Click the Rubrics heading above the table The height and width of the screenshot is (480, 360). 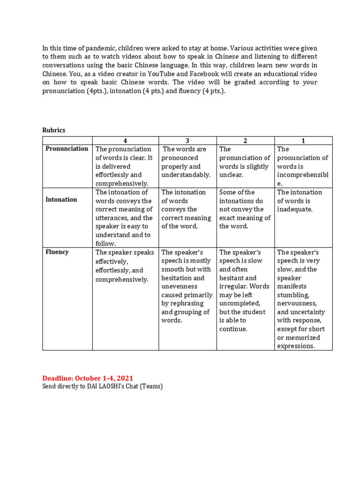click(54, 130)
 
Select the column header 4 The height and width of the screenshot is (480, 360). click(125, 141)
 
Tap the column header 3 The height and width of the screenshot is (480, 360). click(187, 141)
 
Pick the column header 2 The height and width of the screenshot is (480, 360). click(245, 141)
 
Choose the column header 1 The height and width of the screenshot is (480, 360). click(303, 141)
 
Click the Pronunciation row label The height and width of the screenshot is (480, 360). click(67, 149)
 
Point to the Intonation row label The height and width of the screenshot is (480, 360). click(61, 200)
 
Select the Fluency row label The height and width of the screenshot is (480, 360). click(57, 252)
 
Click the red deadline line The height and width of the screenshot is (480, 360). click(88, 378)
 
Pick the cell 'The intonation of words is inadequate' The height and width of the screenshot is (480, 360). click(300, 201)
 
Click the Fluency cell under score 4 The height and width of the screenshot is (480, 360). click(125, 266)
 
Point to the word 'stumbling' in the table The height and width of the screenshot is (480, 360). click(293, 295)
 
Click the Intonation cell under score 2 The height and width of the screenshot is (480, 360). click(245, 209)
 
